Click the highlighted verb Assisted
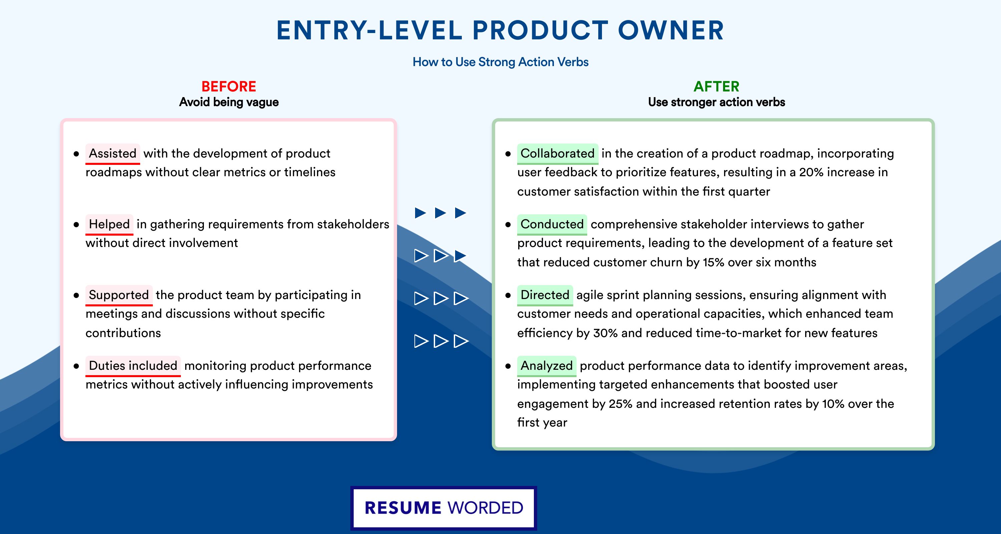click(x=113, y=154)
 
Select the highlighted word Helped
click(x=109, y=224)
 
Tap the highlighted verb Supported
click(x=119, y=295)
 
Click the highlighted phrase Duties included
click(x=133, y=366)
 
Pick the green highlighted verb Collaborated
click(x=558, y=154)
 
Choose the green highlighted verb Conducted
click(x=552, y=224)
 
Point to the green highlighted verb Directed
click(x=545, y=295)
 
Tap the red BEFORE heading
click(x=229, y=86)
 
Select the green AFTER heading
click(x=717, y=86)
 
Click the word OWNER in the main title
click(x=671, y=30)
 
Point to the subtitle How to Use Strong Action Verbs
click(x=500, y=62)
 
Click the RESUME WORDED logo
click(x=444, y=508)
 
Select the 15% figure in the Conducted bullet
click(x=713, y=262)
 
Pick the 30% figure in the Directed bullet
click(x=605, y=333)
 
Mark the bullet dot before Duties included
click(x=76, y=366)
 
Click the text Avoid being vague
click(x=229, y=102)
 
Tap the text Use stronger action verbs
click(x=717, y=102)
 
